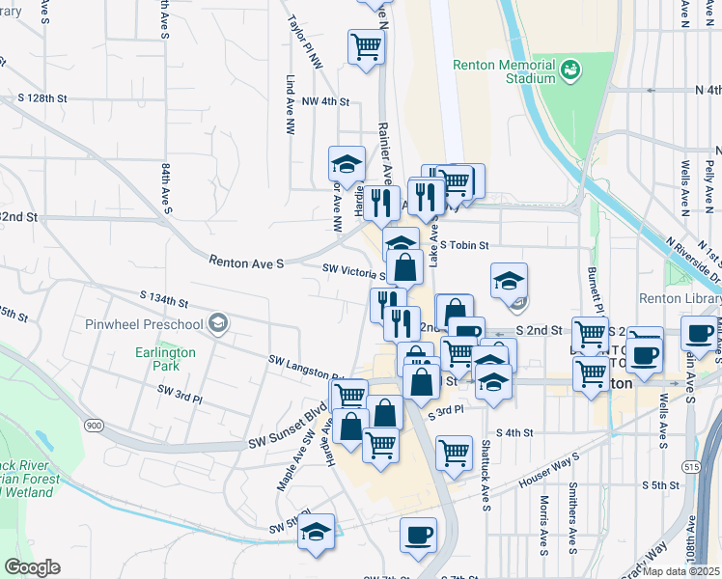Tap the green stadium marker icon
click(x=570, y=69)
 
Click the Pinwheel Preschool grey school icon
click(x=220, y=322)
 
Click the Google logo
click(x=32, y=567)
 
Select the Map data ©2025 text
click(x=681, y=570)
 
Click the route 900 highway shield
click(x=94, y=426)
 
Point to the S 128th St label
click(x=42, y=98)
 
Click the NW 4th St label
click(x=324, y=101)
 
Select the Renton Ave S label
click(x=247, y=261)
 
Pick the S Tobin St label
click(x=469, y=246)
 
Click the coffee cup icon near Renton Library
click(x=697, y=336)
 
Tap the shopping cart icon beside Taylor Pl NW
click(x=366, y=44)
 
